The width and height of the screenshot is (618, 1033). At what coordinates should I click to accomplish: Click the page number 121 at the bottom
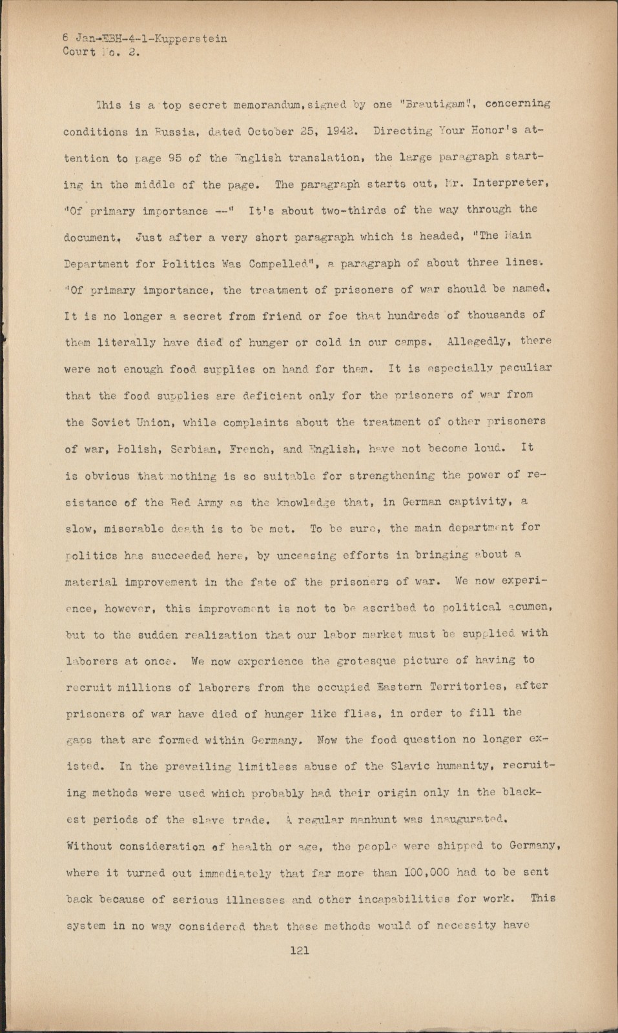300,950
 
